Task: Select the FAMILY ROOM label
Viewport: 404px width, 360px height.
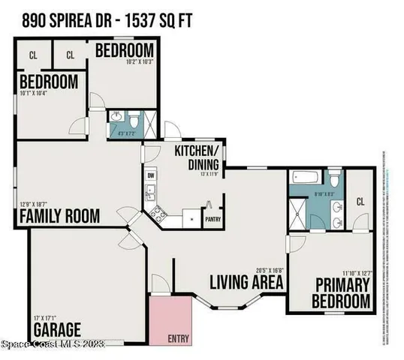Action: (x=59, y=216)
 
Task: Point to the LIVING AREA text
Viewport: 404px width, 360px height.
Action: (x=246, y=283)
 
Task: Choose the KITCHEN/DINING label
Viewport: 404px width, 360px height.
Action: (x=197, y=157)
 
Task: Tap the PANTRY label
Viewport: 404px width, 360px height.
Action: (x=212, y=220)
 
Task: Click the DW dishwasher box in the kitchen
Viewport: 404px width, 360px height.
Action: (x=150, y=175)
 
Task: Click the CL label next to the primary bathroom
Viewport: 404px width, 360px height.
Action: (x=360, y=201)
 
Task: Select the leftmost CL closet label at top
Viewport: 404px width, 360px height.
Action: (x=33, y=55)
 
